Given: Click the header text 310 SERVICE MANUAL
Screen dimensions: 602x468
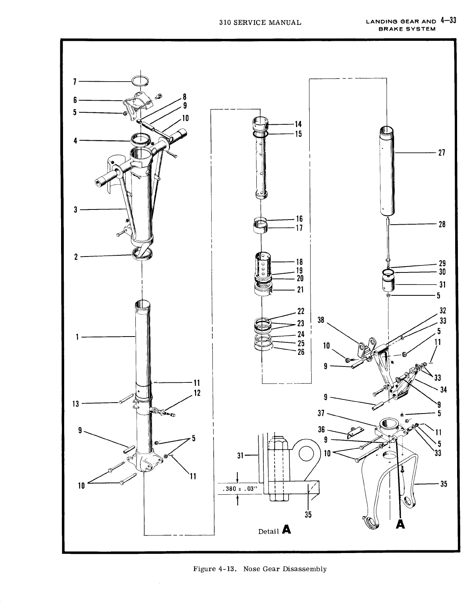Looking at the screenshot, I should coord(260,22).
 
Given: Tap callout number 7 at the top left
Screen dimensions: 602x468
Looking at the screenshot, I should coord(74,82).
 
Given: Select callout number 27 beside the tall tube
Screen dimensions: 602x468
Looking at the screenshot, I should coord(442,153).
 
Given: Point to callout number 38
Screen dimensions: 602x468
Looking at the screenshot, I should coord(321,319).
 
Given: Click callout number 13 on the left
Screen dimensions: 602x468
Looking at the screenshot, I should coord(76,404).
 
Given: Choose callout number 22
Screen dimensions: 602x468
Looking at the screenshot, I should coord(301,311).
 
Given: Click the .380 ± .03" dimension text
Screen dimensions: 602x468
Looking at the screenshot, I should coord(238,489).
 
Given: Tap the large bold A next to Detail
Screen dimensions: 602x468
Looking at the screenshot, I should coord(287,529).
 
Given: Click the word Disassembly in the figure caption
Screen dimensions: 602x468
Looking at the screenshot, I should coord(305,569).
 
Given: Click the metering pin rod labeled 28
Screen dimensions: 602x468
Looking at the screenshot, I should coord(388,241).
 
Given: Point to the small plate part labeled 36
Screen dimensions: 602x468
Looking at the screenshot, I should coord(354,432).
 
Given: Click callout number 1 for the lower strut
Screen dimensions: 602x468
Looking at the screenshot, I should coord(78,337).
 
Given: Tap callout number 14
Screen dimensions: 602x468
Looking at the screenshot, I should coord(298,124).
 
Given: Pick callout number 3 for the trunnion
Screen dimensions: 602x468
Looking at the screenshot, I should coord(76,210).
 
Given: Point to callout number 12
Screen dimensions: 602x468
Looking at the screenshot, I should coord(197,393).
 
